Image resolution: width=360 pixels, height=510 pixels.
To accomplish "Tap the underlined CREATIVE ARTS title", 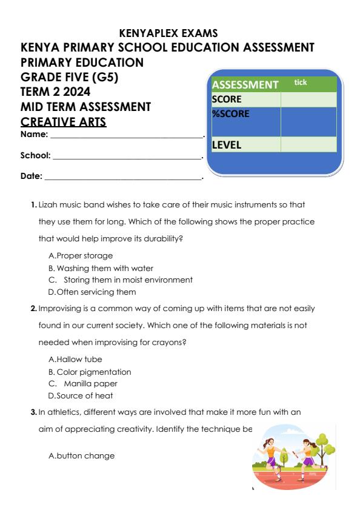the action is click(64, 122).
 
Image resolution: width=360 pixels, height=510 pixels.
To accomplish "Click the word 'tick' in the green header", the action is click(301, 81).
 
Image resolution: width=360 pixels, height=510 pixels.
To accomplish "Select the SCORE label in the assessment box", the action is click(227, 99).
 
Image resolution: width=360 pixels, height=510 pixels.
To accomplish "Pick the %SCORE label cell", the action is click(230, 113).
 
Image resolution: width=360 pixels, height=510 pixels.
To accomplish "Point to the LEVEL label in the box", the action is click(227, 145).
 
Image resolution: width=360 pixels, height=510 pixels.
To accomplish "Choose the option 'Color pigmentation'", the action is click(93, 371).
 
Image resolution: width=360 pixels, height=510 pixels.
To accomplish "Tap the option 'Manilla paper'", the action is click(92, 383).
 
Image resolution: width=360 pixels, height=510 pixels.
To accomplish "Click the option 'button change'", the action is click(81, 455).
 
